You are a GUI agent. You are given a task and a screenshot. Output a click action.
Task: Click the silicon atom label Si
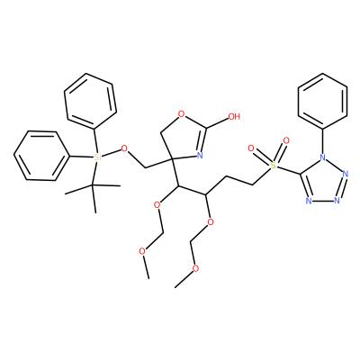(96, 157)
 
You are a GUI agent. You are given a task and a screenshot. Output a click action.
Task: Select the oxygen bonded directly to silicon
(124, 148)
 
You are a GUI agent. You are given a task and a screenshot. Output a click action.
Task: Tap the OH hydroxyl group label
(234, 116)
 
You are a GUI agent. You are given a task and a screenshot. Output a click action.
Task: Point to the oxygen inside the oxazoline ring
(181, 113)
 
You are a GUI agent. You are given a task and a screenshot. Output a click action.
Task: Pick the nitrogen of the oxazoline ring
(200, 155)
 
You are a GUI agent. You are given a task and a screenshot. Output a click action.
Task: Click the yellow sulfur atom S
(273, 166)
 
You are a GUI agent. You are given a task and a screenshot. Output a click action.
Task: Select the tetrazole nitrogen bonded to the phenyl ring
(322, 157)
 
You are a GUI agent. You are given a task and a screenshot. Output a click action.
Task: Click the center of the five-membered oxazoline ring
(184, 137)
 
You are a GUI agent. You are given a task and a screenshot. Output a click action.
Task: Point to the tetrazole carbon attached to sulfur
(300, 174)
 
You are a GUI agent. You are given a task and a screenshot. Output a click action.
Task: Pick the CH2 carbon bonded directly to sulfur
(253, 184)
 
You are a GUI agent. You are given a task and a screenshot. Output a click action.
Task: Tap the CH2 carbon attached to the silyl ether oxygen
(145, 167)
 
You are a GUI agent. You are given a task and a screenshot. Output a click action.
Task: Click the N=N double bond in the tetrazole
(342, 187)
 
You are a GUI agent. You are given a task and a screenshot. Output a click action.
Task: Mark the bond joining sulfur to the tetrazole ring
(288, 170)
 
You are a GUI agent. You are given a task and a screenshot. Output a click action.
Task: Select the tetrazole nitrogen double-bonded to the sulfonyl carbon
(309, 201)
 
